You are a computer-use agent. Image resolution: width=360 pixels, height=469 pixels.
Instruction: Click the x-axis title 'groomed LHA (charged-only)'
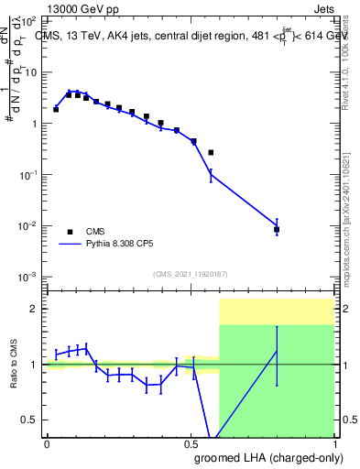pos(267,458)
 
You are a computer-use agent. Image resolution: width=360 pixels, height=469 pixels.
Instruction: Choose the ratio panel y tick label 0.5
pos(30,420)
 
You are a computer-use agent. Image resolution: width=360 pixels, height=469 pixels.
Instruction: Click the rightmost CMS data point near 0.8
pos(277,230)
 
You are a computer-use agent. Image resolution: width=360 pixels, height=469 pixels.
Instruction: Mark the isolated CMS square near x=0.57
pos(211,152)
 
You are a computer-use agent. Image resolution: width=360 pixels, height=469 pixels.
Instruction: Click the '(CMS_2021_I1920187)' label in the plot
pos(190,274)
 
